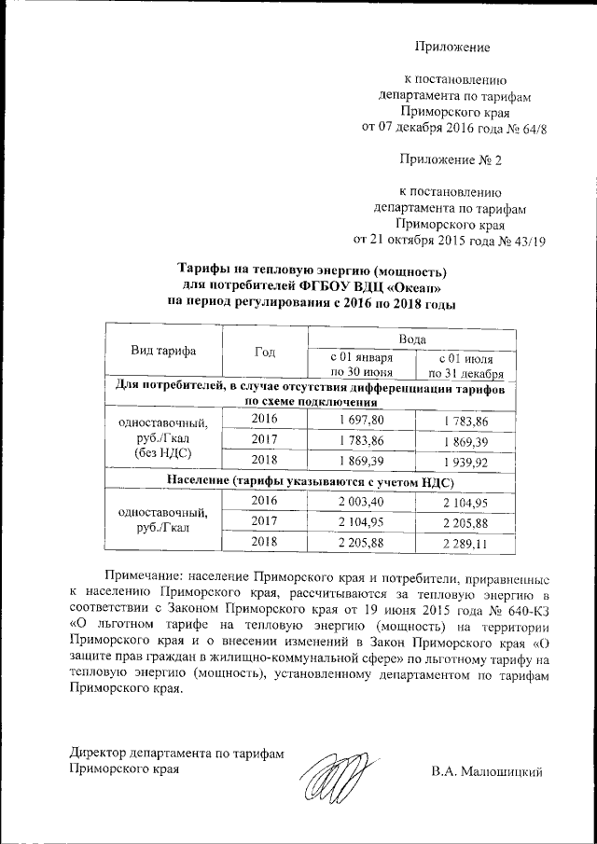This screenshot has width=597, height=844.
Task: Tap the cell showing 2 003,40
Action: coord(363,503)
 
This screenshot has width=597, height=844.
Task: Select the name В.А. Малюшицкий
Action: coord(486,770)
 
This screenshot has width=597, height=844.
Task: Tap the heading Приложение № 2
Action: coord(450,159)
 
